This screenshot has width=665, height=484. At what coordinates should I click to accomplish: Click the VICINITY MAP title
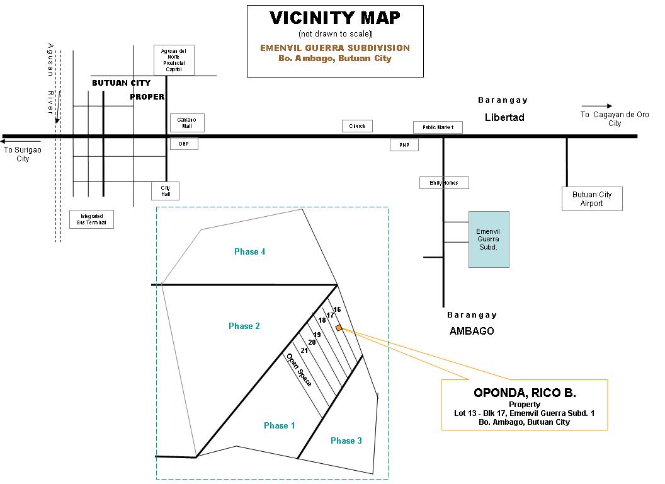pyautogui.click(x=334, y=18)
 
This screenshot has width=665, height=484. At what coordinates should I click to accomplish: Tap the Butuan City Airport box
pyautogui.click(x=591, y=199)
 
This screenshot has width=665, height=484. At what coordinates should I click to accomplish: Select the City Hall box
pyautogui.click(x=166, y=191)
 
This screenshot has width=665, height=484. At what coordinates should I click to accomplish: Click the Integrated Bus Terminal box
pyautogui.click(x=91, y=219)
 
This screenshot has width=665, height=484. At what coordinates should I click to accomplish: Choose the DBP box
pyautogui.click(x=184, y=144)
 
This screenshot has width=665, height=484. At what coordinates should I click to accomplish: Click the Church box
pyautogui.click(x=357, y=126)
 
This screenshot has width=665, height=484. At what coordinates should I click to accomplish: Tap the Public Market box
pyautogui.click(x=438, y=127)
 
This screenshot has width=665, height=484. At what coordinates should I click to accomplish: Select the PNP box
pyautogui.click(x=404, y=145)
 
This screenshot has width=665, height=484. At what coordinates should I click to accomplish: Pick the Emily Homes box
pyautogui.click(x=444, y=183)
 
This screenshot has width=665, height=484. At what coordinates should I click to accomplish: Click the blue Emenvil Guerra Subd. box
pyautogui.click(x=489, y=239)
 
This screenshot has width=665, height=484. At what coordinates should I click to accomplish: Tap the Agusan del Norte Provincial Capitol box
pyautogui.click(x=174, y=59)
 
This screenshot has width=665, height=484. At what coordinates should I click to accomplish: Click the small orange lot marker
pyautogui.click(x=339, y=328)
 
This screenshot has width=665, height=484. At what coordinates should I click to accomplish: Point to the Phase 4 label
pyautogui.click(x=249, y=251)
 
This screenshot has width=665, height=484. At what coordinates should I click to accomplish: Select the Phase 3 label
pyautogui.click(x=346, y=441)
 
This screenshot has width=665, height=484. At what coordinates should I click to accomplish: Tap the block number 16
pyautogui.click(x=337, y=309)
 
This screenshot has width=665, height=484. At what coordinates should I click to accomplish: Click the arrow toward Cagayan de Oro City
pyautogui.click(x=596, y=106)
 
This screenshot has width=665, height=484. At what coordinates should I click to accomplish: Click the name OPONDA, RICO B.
pyautogui.click(x=524, y=393)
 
